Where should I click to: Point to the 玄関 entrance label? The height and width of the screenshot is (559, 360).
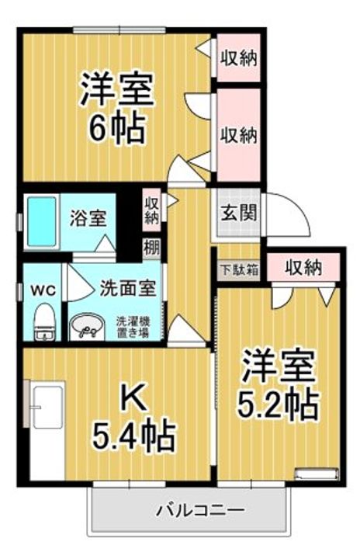(234, 211)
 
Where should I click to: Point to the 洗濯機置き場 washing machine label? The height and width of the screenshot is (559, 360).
(133, 326)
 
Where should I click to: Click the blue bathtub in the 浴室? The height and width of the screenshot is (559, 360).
(41, 223)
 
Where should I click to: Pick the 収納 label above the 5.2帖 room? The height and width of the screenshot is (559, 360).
(303, 269)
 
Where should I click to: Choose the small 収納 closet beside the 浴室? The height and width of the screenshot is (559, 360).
(151, 210)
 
